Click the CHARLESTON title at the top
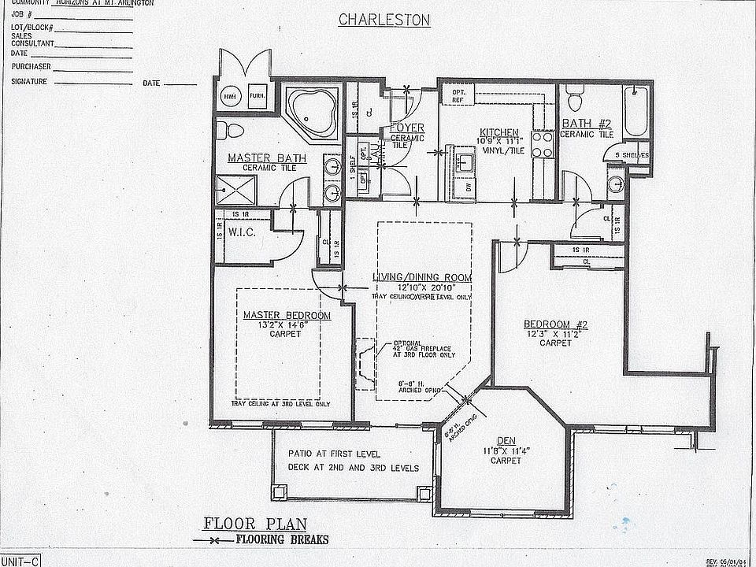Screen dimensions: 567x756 point(384,20)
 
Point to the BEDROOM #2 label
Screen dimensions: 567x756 point(556,324)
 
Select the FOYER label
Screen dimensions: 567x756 point(407,128)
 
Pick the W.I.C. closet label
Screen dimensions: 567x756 point(240,233)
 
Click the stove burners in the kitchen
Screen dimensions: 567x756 point(543,145)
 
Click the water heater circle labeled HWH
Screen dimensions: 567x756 point(231,95)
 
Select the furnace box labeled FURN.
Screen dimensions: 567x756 point(257,95)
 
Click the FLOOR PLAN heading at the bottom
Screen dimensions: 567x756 point(255,523)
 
